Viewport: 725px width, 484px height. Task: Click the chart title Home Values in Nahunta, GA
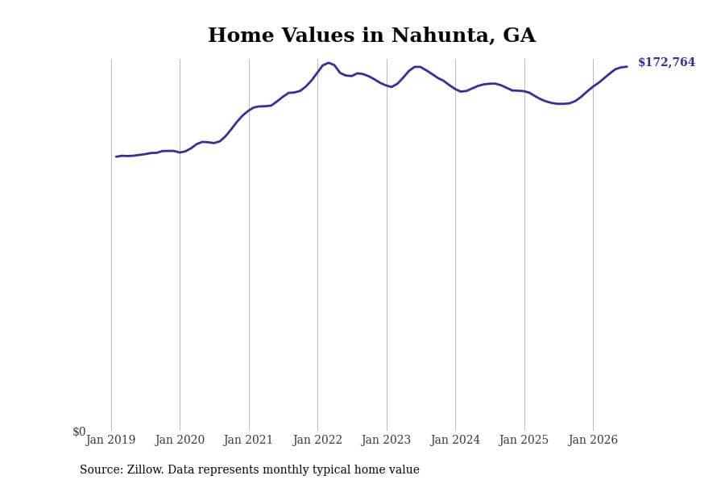(371, 35)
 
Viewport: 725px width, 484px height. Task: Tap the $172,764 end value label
(666, 62)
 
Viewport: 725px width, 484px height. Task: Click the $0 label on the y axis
(79, 432)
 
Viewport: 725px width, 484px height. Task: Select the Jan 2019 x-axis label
(110, 440)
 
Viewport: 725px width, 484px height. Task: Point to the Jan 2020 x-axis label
(180, 440)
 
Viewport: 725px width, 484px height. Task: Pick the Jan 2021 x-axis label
(248, 440)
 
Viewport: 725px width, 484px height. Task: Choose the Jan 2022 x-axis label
(317, 440)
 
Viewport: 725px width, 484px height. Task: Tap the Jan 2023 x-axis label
(386, 440)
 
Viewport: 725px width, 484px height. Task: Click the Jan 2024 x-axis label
(455, 440)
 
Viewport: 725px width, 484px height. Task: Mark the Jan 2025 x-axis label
(524, 440)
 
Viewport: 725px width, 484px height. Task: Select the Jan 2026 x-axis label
(593, 440)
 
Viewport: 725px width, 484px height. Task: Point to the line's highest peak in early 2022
(329, 63)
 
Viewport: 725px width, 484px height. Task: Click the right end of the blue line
(627, 67)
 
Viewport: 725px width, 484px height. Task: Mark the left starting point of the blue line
(116, 156)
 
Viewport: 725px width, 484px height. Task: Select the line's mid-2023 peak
(417, 67)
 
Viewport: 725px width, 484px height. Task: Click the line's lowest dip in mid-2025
(561, 104)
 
